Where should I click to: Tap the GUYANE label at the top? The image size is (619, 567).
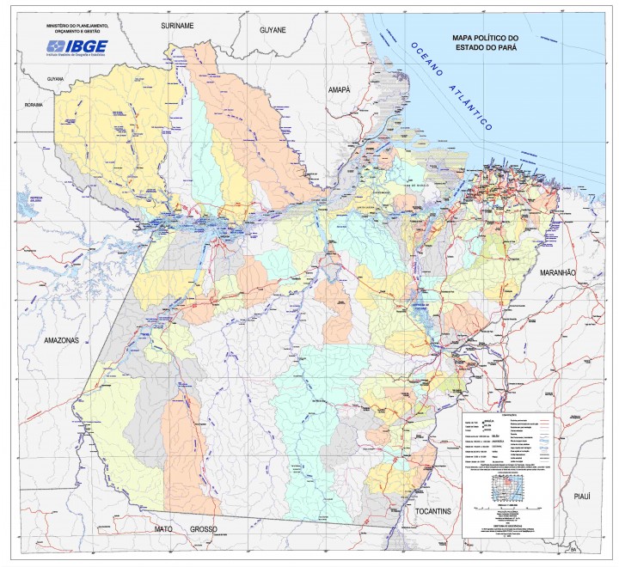pyautogui.click(x=277, y=29)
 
